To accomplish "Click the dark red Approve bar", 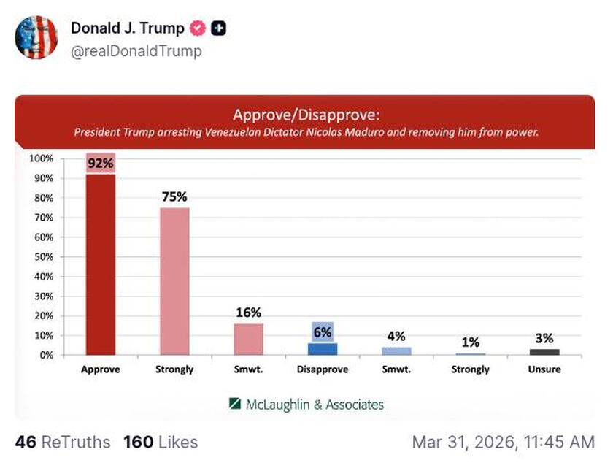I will [100, 263].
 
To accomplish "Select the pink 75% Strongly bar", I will [174, 281].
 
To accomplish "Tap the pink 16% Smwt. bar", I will [248, 339].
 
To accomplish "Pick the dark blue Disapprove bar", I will [322, 348].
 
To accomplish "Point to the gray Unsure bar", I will [544, 352].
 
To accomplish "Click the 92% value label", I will [100, 164].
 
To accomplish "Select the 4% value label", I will [396, 337].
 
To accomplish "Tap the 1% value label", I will [470, 342].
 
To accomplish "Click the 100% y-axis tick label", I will [40, 158].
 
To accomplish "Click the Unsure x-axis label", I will [544, 369].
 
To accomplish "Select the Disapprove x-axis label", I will [322, 369].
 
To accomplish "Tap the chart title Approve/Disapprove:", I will [306, 115].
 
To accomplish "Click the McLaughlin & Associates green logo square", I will [235, 404].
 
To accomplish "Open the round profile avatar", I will [36, 37].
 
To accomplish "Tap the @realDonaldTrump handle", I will [136, 51].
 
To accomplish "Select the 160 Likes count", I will [160, 442].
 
